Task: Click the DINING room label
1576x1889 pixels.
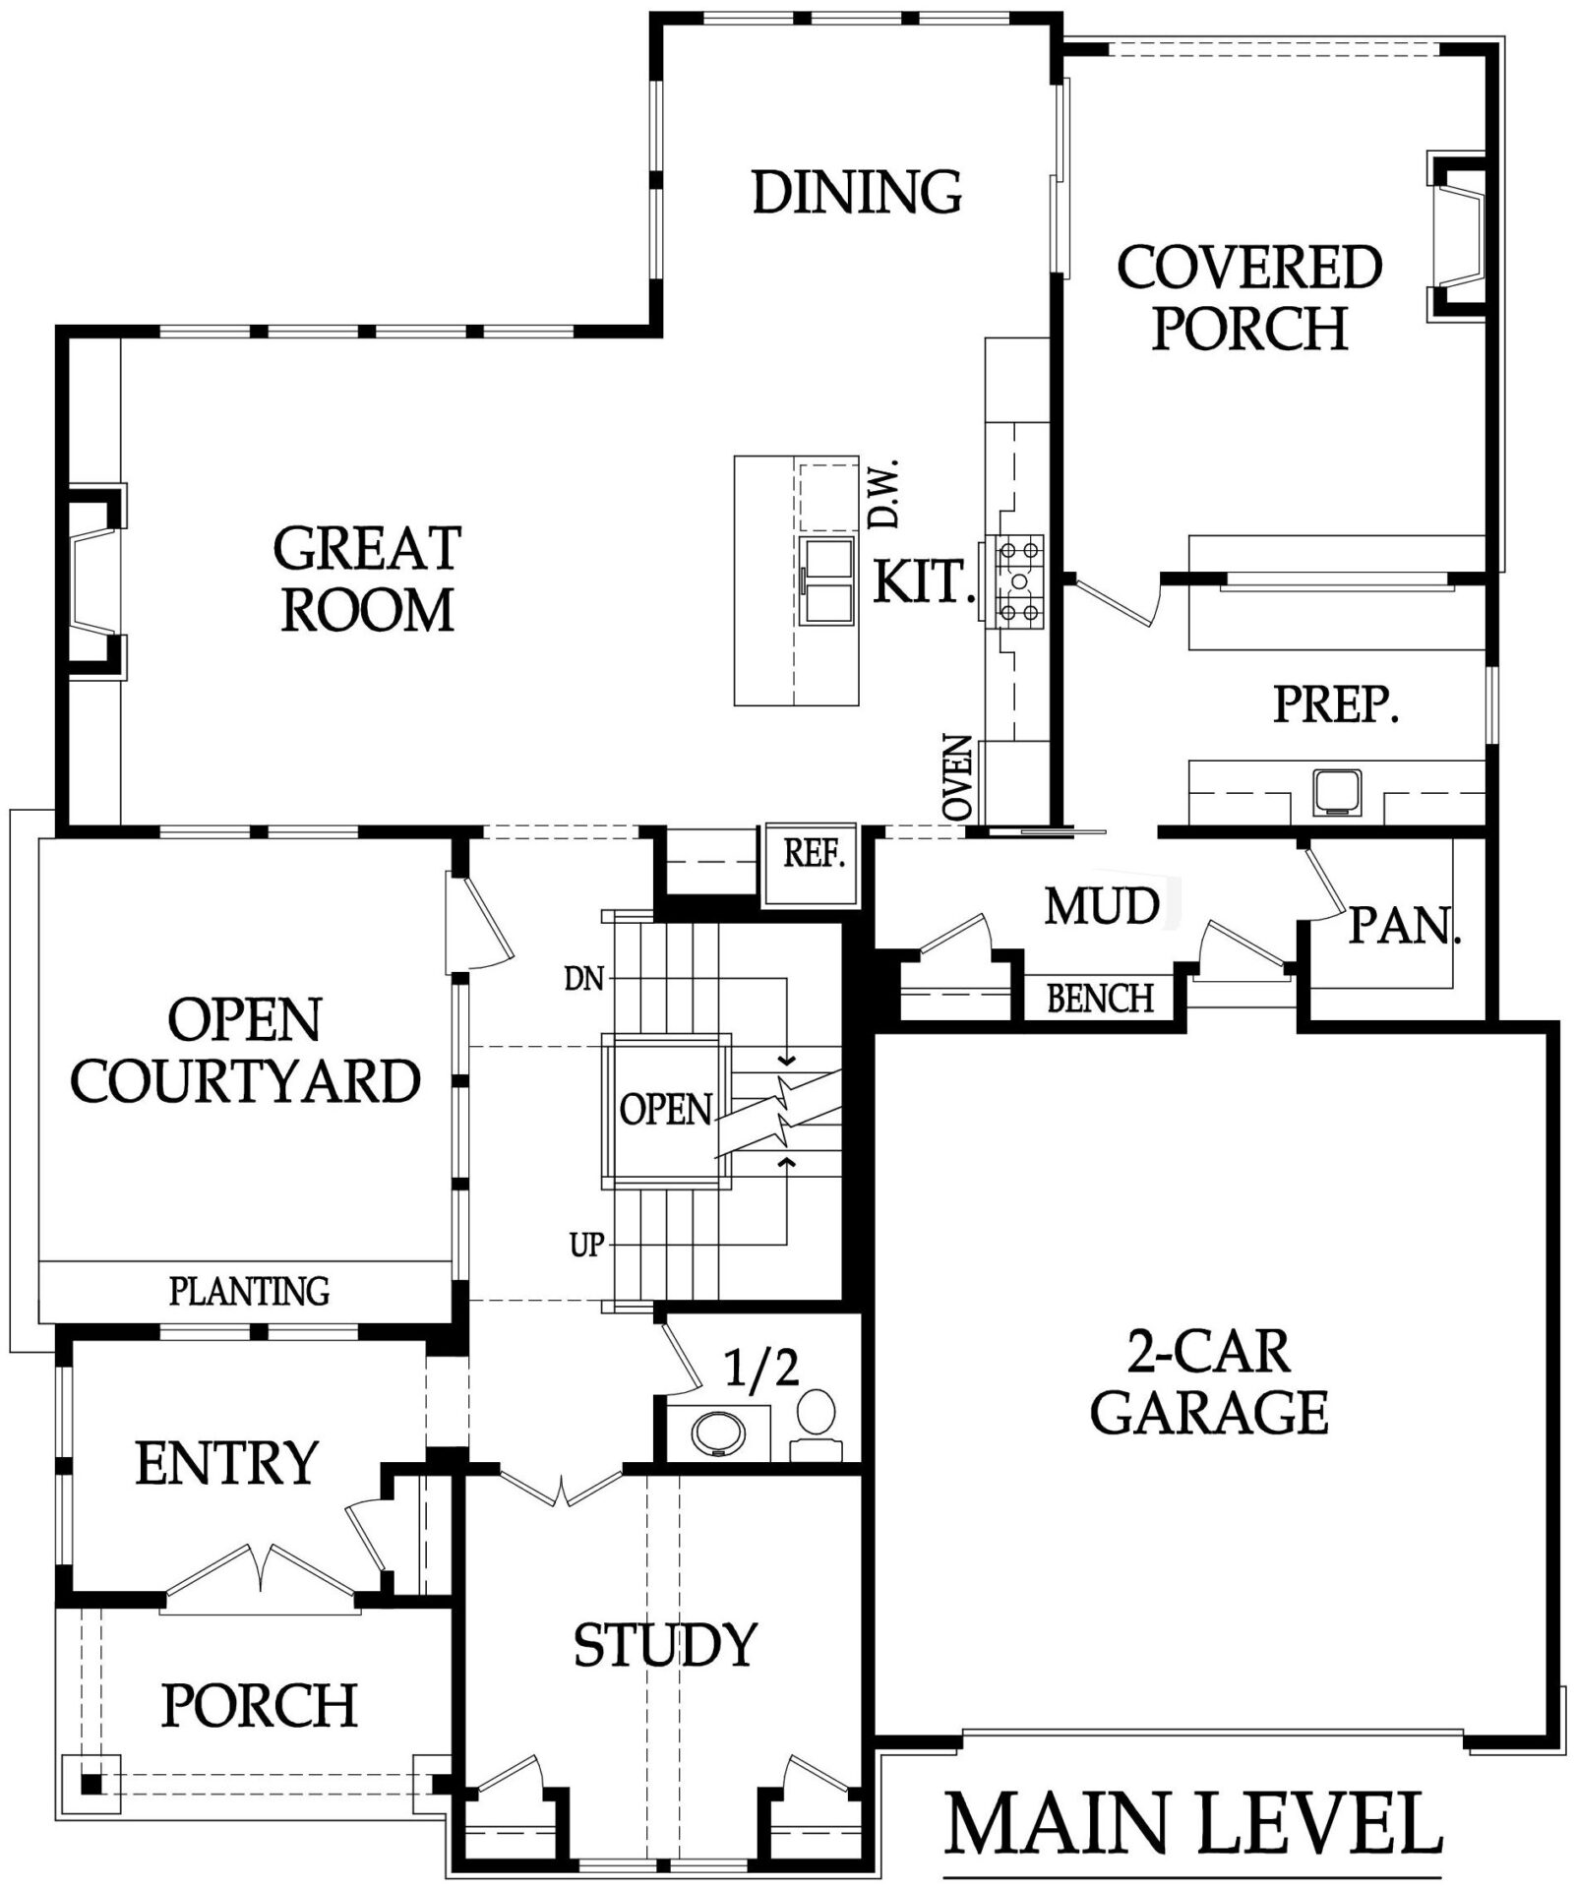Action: (x=857, y=192)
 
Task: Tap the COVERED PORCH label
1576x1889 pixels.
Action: (x=1249, y=297)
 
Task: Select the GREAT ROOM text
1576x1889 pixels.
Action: (x=367, y=579)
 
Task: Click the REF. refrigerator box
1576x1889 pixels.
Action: (x=813, y=865)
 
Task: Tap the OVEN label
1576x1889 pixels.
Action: (x=957, y=777)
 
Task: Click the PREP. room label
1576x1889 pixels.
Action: (x=1335, y=704)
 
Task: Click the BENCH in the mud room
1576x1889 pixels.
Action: (x=1100, y=999)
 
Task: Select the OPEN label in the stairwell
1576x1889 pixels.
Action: (x=666, y=1109)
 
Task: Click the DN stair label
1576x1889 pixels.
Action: (x=584, y=979)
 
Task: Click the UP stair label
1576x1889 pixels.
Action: (x=586, y=1246)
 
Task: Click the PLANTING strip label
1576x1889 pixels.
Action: (x=249, y=1290)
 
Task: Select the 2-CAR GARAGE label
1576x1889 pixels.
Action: (x=1209, y=1382)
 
